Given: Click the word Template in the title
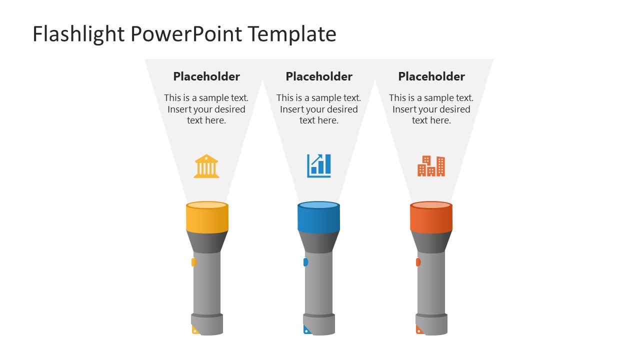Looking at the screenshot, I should pyautogui.click(x=292, y=34).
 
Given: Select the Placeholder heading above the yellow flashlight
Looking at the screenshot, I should pyautogui.click(x=206, y=76).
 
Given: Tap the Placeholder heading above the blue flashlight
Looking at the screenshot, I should pyautogui.click(x=319, y=76).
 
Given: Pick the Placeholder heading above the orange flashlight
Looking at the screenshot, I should pyautogui.click(x=431, y=76).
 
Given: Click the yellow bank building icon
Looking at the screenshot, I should pyautogui.click(x=206, y=166).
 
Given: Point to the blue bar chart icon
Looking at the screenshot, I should pyautogui.click(x=319, y=165).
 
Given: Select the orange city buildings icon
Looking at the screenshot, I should pyautogui.click(x=431, y=166).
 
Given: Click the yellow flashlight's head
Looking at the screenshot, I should pyautogui.click(x=207, y=218).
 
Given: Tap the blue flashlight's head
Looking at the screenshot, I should pyautogui.click(x=319, y=218).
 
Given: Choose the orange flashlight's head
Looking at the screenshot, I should pyautogui.click(x=431, y=218).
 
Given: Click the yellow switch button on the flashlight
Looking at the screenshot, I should pyautogui.click(x=194, y=262).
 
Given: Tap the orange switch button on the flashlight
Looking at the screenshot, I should pyautogui.click(x=418, y=262).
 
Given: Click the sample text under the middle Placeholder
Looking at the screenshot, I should pyautogui.click(x=319, y=109).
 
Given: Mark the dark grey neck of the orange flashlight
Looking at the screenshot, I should pyautogui.click(x=431, y=242).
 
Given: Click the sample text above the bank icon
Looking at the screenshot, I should pyautogui.click(x=206, y=109).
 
